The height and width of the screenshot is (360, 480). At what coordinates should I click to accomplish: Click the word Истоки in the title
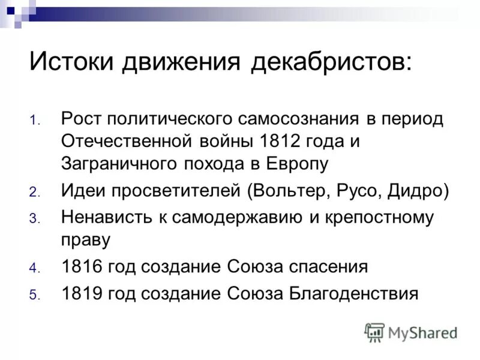(71, 62)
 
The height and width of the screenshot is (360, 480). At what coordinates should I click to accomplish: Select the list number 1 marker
(34, 120)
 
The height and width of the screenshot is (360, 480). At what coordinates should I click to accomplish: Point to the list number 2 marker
(34, 193)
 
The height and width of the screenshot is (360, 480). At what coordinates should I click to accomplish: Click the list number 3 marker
(34, 219)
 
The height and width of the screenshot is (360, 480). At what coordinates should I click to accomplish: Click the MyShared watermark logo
(412, 331)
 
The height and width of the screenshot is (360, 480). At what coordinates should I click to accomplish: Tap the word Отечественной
(126, 141)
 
